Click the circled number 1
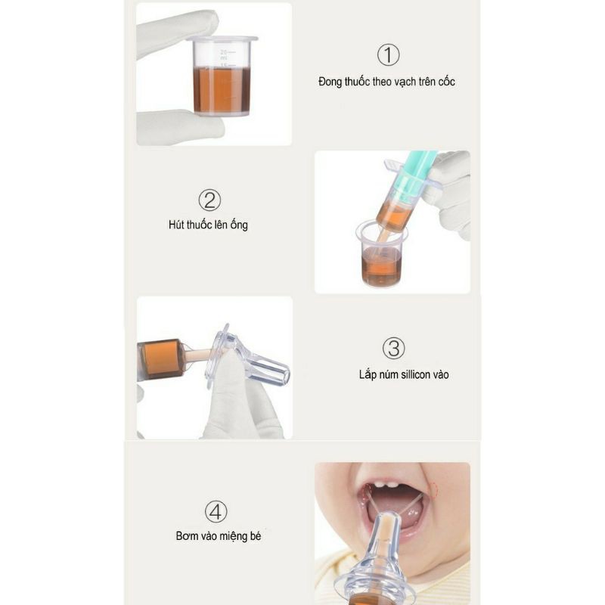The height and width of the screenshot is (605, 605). click(388, 54)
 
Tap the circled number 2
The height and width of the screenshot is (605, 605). click(209, 200)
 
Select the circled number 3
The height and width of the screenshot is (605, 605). click(393, 348)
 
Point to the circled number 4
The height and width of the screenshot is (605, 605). click(216, 512)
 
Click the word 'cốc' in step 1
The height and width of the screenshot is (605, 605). click(446, 82)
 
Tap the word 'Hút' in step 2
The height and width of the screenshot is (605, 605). click(176, 225)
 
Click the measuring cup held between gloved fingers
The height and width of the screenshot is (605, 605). click(222, 76)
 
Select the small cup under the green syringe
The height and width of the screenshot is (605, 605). click(381, 254)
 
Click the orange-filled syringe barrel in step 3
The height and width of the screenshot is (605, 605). click(162, 359)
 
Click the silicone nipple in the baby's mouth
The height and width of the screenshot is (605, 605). click(380, 560)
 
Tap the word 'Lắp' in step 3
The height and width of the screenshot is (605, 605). click(368, 375)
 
